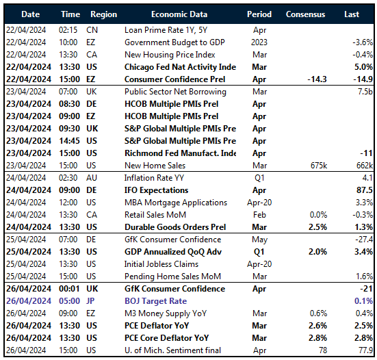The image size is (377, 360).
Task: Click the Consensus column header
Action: pyautogui.click(x=305, y=14)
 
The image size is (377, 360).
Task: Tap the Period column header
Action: pyautogui.click(x=259, y=14)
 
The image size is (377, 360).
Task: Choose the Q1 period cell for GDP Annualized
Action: pyautogui.click(x=259, y=250)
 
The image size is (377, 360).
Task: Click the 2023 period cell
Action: pyautogui.click(x=259, y=42)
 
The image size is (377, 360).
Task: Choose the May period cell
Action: pyautogui.click(x=259, y=240)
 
